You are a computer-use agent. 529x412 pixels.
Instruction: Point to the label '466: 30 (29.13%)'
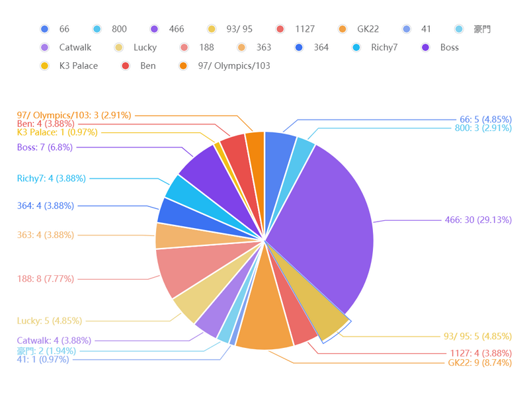(478, 220)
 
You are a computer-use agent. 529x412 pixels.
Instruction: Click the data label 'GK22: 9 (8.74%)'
(479, 363)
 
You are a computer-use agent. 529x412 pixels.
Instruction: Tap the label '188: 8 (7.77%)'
(46, 279)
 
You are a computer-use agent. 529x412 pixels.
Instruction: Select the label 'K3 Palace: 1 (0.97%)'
(58, 132)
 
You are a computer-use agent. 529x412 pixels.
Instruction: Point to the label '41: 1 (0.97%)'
(46, 360)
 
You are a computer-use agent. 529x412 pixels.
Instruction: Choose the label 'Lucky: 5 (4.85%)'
(50, 321)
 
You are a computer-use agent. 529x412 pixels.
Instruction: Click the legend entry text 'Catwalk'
(75, 48)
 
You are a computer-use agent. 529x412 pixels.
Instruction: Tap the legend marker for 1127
(281, 29)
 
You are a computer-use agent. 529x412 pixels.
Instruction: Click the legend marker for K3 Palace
(45, 66)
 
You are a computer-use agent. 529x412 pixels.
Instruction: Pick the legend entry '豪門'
(482, 29)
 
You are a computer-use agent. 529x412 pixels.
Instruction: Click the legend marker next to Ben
(126, 66)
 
